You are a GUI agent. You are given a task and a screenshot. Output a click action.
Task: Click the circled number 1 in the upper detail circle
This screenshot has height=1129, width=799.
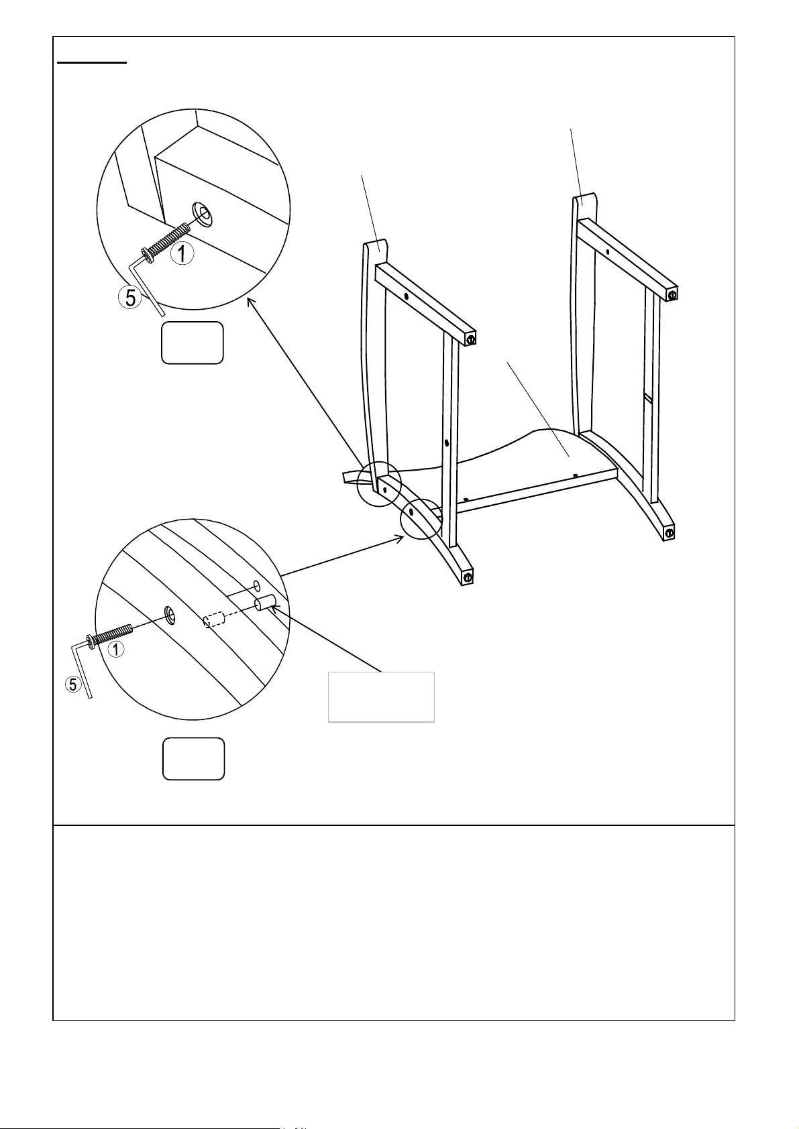pyautogui.click(x=182, y=253)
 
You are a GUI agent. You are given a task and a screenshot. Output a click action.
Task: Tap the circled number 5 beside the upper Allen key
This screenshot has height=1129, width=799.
pyautogui.click(x=129, y=297)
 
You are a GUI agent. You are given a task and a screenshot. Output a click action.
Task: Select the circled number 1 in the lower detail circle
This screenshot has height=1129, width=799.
pyautogui.click(x=116, y=649)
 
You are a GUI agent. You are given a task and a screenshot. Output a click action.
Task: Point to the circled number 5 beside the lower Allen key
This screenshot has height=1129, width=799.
pyautogui.click(x=75, y=685)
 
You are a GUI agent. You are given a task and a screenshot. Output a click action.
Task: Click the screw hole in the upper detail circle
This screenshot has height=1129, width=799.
pyautogui.click(x=201, y=213)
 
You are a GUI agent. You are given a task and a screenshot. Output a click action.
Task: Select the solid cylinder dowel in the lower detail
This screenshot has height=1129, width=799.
pyautogui.click(x=265, y=603)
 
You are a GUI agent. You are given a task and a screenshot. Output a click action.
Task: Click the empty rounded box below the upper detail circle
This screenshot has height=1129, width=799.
pyautogui.click(x=192, y=343)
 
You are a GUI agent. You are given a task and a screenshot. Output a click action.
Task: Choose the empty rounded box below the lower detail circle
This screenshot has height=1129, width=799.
pyautogui.click(x=193, y=759)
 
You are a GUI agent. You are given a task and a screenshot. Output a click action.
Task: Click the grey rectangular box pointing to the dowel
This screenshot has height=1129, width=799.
pyautogui.click(x=380, y=697)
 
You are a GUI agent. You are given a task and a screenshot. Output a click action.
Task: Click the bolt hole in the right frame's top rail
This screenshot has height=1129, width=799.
pyautogui.click(x=607, y=252)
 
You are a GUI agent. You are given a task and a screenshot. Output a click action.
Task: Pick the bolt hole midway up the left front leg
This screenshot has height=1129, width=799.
pyautogui.click(x=446, y=442)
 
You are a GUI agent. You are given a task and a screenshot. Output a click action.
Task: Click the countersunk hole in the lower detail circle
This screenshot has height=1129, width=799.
pyautogui.click(x=169, y=612)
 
